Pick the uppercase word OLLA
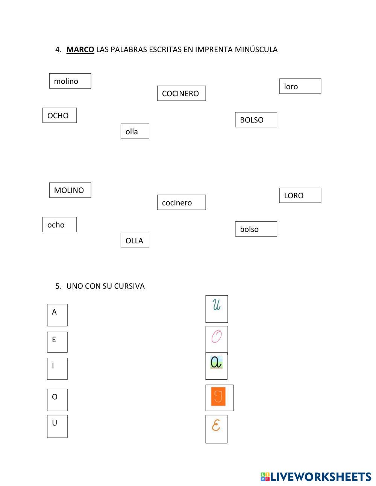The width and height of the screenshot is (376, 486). [134, 241]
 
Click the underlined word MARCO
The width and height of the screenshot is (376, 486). [80, 50]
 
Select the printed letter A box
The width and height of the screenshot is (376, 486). [57, 315]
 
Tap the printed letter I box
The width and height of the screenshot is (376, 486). [57, 368]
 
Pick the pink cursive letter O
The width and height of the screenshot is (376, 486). [217, 337]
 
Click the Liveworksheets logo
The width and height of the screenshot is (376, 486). [316, 477]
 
